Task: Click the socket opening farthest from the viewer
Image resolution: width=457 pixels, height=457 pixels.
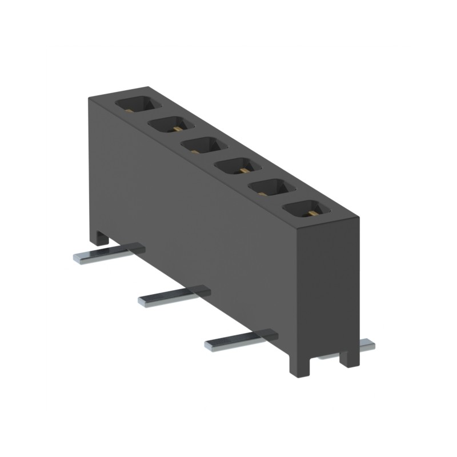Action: (137, 104)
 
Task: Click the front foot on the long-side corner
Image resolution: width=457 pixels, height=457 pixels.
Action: (300, 366)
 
